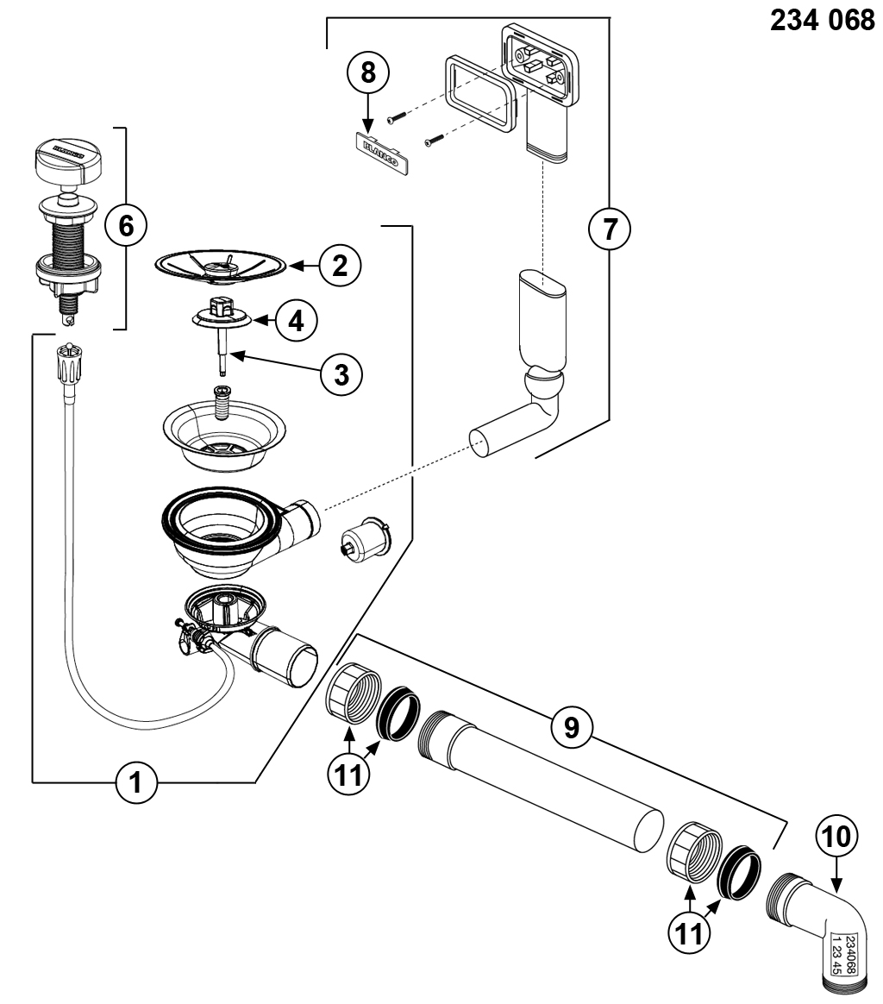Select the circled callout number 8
368,72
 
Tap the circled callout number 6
125,227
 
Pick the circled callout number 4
296,321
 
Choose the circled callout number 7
609,229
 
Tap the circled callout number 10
836,836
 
